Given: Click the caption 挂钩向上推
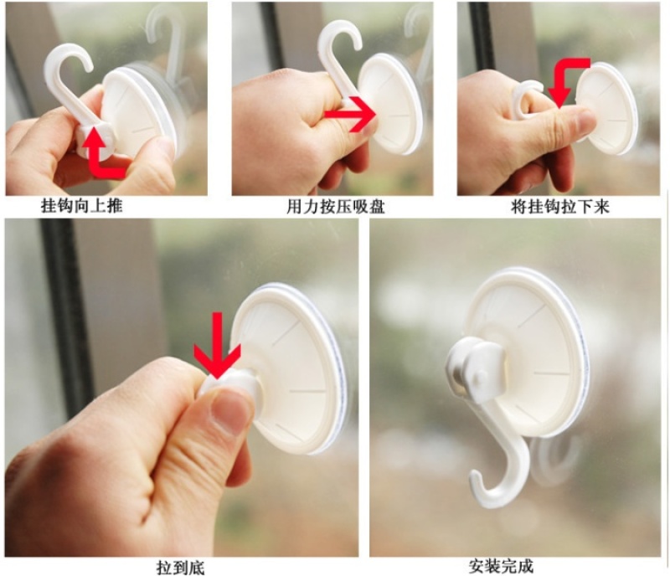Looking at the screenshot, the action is [x=81, y=206].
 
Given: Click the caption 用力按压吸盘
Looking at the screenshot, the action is [x=336, y=207].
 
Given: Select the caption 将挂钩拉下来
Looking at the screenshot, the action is [x=559, y=207].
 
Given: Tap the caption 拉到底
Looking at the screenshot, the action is [x=181, y=568].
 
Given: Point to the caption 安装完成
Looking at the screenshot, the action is [x=501, y=567].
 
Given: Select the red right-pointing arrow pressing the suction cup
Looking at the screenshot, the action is [x=350, y=114].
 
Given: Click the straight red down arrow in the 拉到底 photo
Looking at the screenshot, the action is [x=217, y=345].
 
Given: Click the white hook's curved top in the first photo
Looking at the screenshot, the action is [x=69, y=50].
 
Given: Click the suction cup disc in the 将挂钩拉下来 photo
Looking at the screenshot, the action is [x=606, y=108].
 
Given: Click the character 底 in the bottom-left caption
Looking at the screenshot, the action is [x=197, y=568].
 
